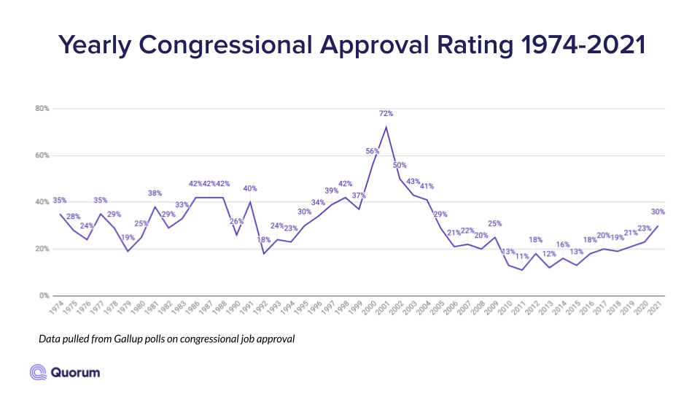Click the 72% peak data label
point(386,114)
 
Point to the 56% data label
point(373,151)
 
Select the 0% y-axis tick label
point(43,295)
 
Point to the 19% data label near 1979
point(128,238)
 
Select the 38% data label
point(154,193)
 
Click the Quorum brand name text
point(77,372)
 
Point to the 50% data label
point(400,165)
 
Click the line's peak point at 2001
point(386,127)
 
